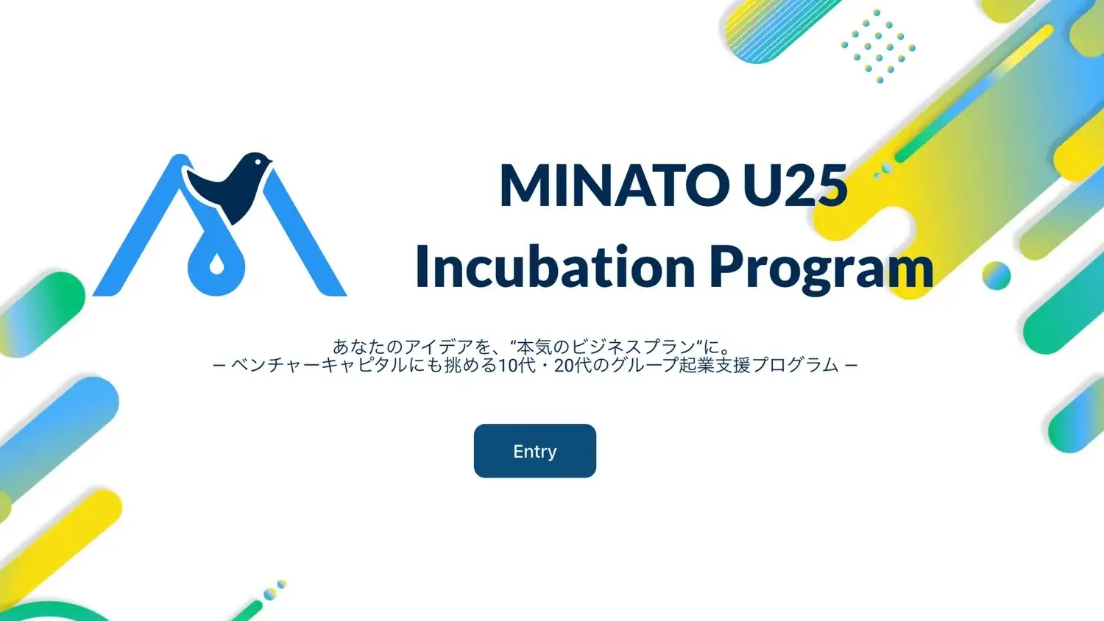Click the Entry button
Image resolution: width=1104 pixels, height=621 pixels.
point(535,450)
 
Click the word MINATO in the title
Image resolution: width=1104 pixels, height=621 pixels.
point(615,186)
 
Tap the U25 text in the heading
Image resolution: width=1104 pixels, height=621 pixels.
point(796,186)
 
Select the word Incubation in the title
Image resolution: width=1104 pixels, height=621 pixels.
point(555,266)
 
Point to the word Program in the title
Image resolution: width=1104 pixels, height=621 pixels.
point(821,270)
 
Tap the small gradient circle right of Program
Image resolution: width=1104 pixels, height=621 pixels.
point(996,275)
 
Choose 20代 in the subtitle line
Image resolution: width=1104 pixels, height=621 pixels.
point(573,365)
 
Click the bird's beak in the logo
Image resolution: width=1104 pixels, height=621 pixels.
point(269,159)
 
